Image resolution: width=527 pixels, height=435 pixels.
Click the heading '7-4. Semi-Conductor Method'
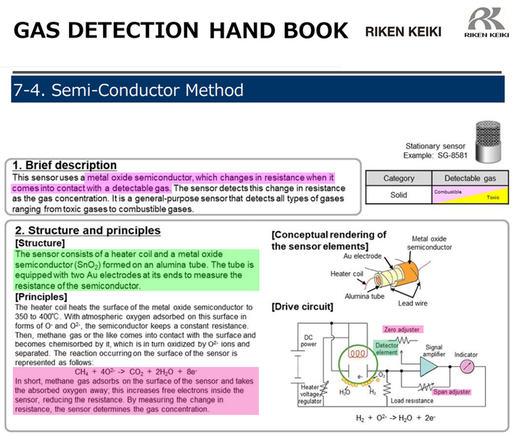coord(128,91)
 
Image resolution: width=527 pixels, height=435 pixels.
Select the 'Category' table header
coord(399,178)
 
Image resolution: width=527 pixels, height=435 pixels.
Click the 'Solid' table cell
coord(399,195)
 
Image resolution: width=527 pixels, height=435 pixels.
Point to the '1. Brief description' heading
coord(65,165)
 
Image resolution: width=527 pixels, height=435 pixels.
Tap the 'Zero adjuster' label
coord(402,329)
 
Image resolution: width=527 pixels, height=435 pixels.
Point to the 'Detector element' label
coord(386,349)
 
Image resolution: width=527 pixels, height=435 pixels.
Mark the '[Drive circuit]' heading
coord(302,307)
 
